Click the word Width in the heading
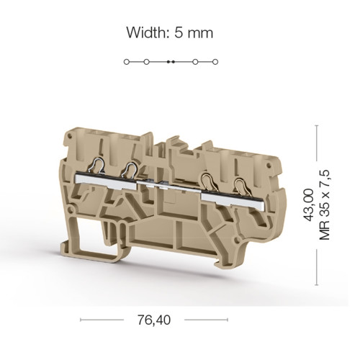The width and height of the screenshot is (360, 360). point(146,32)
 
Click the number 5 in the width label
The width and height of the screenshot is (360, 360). point(179,33)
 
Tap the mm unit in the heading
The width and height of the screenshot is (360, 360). point(200,35)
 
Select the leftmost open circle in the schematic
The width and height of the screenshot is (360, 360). point(127,62)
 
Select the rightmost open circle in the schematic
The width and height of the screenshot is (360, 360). point(215,62)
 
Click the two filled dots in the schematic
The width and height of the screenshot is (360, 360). point(171,62)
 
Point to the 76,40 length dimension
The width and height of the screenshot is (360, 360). point(154,320)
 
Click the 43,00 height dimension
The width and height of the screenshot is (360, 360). point(309,204)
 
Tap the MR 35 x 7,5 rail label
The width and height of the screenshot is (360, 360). point(325,204)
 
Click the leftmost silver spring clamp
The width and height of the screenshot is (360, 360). point(96,166)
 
